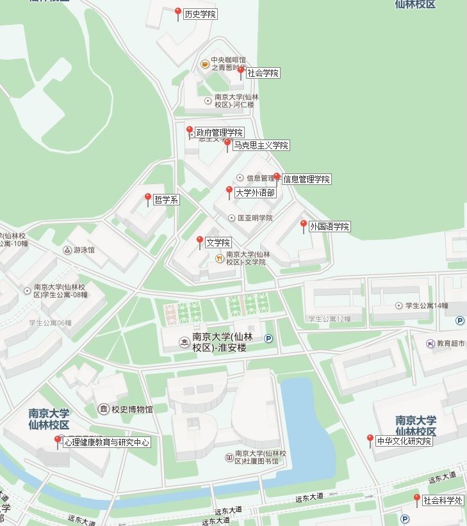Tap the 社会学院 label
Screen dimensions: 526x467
click(263, 73)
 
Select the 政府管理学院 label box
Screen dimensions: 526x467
click(219, 132)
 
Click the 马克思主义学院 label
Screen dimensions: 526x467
click(261, 145)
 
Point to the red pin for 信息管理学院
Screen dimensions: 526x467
click(277, 177)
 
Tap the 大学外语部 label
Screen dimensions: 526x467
click(255, 192)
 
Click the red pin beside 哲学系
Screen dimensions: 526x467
click(148, 198)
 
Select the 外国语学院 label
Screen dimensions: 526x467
click(329, 227)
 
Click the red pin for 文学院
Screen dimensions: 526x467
click(200, 241)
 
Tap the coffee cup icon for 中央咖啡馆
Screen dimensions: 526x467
click(205, 63)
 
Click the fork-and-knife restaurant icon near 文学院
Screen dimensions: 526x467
click(219, 258)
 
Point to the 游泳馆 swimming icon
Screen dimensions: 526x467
click(67, 250)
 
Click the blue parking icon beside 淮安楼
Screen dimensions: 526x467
click(268, 339)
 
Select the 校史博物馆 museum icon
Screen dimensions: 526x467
click(103, 409)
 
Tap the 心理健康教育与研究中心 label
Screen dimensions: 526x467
click(106, 442)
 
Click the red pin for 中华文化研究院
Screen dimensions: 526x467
click(370, 440)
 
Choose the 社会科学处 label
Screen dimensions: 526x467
click(443, 500)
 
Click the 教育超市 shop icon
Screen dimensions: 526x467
click(430, 343)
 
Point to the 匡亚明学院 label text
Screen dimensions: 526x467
click(255, 218)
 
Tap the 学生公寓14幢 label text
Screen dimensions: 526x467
click(427, 306)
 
